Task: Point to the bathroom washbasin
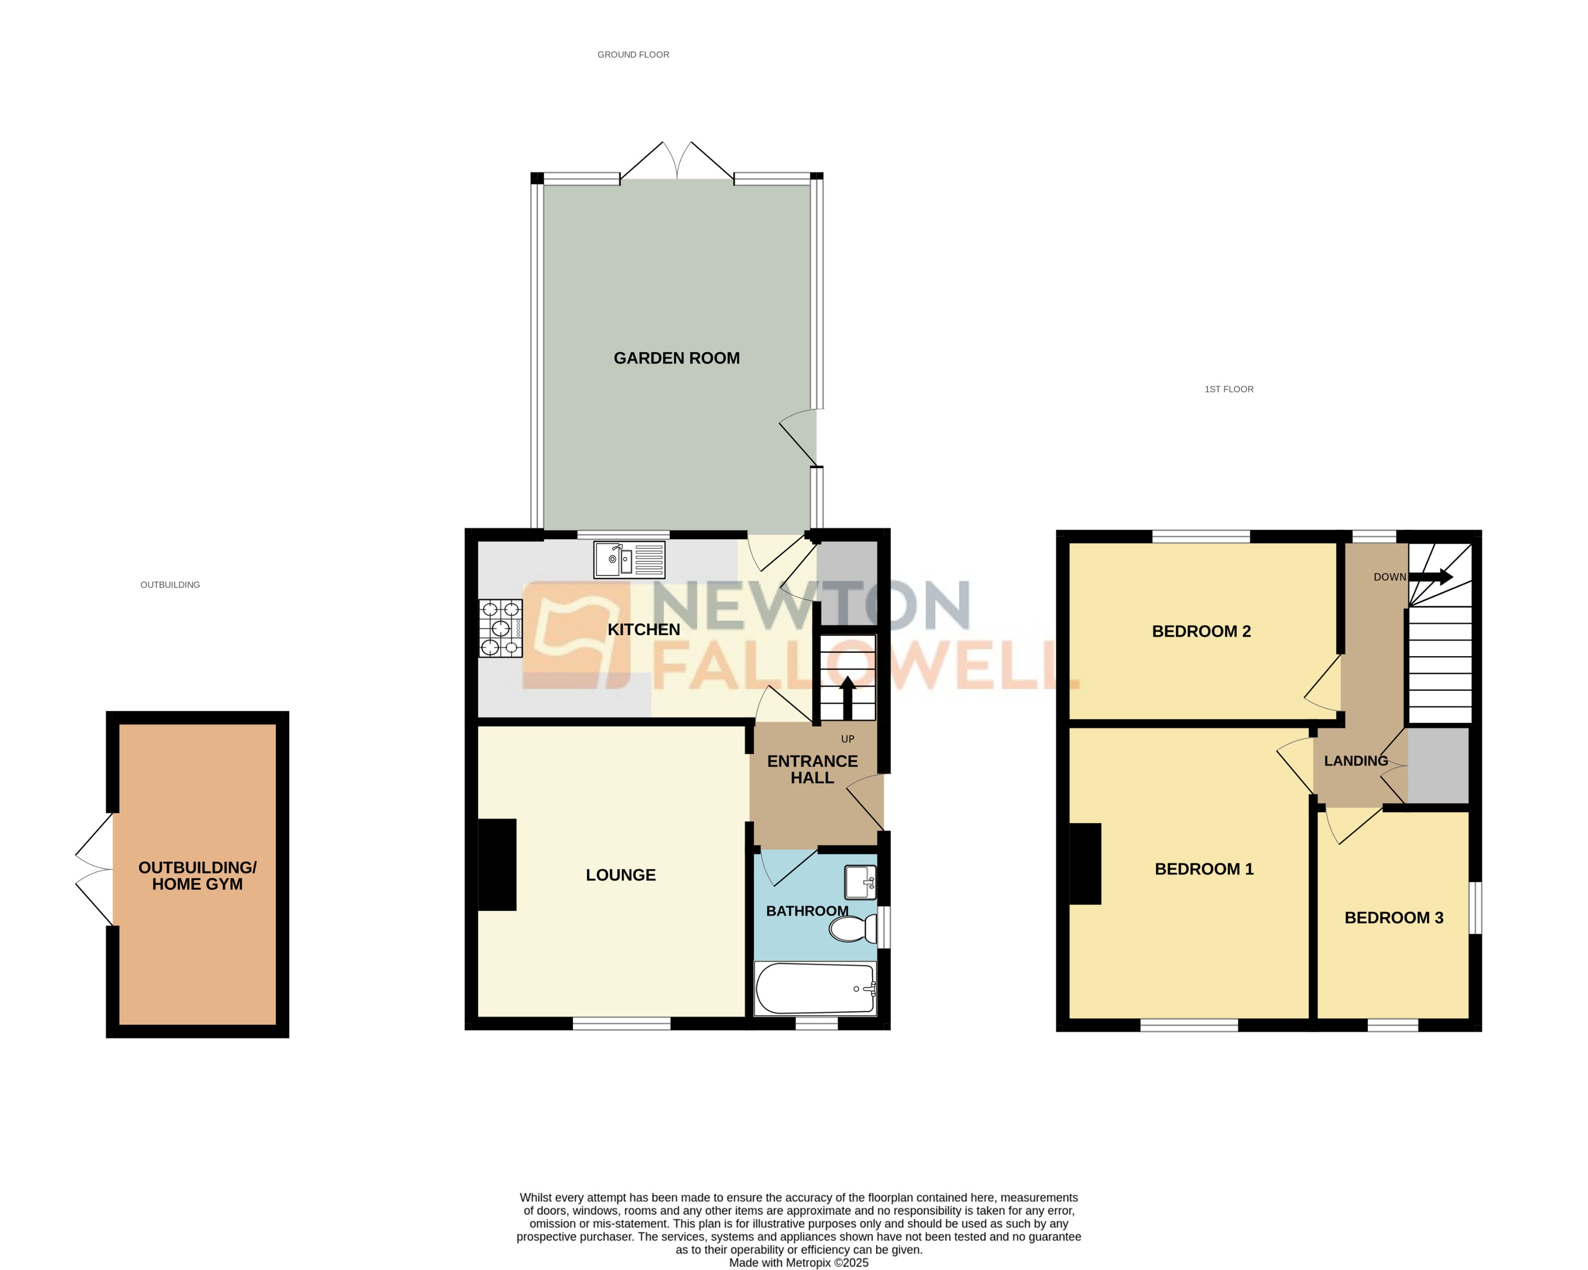[860, 882]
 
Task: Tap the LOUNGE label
[620, 875]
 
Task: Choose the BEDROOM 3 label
[1393, 918]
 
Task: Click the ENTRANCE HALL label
[812, 769]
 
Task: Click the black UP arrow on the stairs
[847, 696]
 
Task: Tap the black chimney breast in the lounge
[497, 865]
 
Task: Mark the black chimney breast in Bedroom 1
[1085, 863]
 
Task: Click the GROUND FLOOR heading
[632, 54]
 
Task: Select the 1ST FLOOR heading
[1229, 389]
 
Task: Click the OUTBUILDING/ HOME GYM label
[198, 876]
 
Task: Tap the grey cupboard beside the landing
[1438, 766]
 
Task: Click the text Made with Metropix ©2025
[798, 1262]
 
